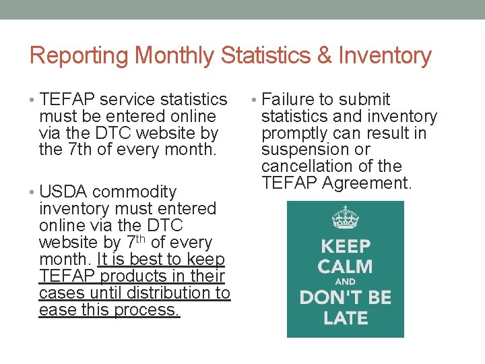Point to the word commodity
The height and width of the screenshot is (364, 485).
click(135, 192)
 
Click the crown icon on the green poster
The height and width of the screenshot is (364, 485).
click(345, 218)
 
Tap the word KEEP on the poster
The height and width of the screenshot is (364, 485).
click(345, 246)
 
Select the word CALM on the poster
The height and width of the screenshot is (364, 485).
click(345, 266)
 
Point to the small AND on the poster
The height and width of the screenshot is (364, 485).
click(345, 282)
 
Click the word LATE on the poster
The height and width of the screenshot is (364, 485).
click(345, 317)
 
